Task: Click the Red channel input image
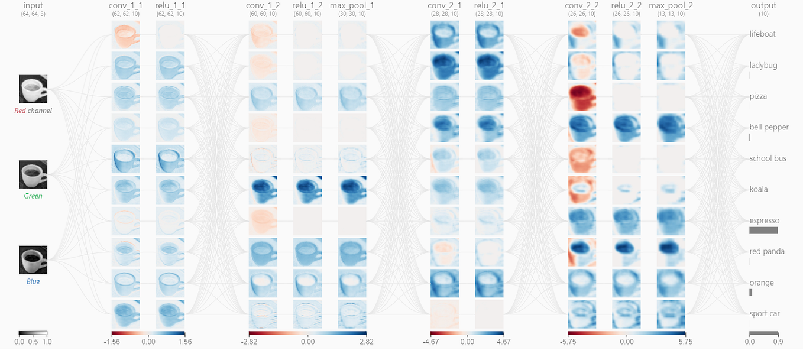pyautogui.click(x=33, y=89)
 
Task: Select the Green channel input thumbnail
pyautogui.click(x=33, y=174)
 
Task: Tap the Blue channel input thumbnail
pyautogui.click(x=33, y=260)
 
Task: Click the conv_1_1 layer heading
pyautogui.click(x=125, y=6)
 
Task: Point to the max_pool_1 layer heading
pyautogui.click(x=352, y=6)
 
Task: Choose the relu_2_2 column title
pyautogui.click(x=626, y=6)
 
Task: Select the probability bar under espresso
pyautogui.click(x=763, y=230)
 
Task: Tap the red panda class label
pyautogui.click(x=767, y=251)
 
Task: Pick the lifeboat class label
pyautogui.click(x=763, y=34)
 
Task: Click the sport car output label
pyautogui.click(x=765, y=313)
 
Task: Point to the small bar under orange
pyautogui.click(x=751, y=292)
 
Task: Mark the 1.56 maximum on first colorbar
pyautogui.click(x=184, y=342)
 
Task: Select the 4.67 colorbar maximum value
pyautogui.click(x=503, y=342)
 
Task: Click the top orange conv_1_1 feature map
pyautogui.click(x=125, y=35)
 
